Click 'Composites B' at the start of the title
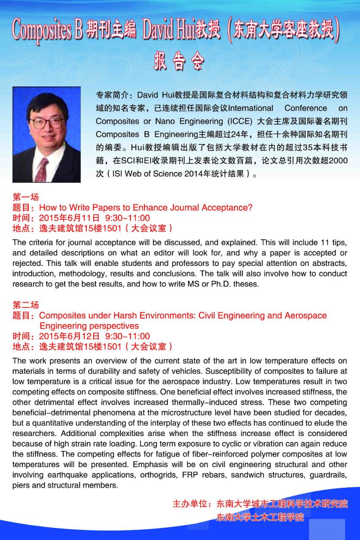click(x=47, y=30)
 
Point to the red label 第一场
click(x=26, y=197)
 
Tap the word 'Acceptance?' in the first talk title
click(x=229, y=208)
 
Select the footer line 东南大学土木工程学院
click(x=260, y=517)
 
